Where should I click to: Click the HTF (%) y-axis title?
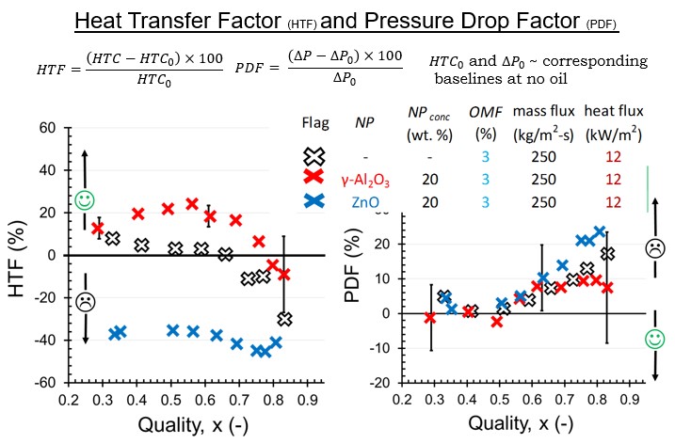20,255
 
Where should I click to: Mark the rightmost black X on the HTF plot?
284,319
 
